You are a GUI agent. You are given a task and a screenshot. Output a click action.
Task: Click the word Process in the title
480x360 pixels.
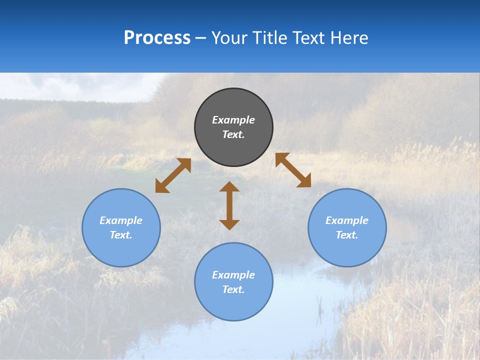point(157,38)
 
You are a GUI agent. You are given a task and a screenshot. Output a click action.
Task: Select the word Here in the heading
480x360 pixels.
point(349,38)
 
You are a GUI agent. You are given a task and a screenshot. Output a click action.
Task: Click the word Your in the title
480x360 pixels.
point(230,38)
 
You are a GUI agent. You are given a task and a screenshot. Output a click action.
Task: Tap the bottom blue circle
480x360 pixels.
point(233,305)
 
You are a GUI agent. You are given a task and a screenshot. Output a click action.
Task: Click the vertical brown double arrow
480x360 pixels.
point(229,205)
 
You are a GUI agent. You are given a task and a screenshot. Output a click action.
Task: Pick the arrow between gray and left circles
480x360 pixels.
point(173,175)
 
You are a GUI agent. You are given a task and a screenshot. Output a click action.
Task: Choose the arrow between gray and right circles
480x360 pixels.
point(293,170)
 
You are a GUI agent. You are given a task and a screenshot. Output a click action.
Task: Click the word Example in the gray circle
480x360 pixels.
point(233,120)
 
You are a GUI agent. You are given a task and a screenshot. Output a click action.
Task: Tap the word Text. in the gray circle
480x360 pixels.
point(233,134)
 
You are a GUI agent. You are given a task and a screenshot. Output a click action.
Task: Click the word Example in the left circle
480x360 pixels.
point(121,220)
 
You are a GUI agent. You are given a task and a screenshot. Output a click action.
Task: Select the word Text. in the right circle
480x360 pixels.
point(347,235)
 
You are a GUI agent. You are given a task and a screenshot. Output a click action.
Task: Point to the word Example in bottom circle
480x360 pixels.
point(233,275)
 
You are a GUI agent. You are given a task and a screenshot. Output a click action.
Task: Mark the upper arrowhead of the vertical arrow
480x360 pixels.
point(229,186)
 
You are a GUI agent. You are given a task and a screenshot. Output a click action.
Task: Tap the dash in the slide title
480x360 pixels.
point(201,38)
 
